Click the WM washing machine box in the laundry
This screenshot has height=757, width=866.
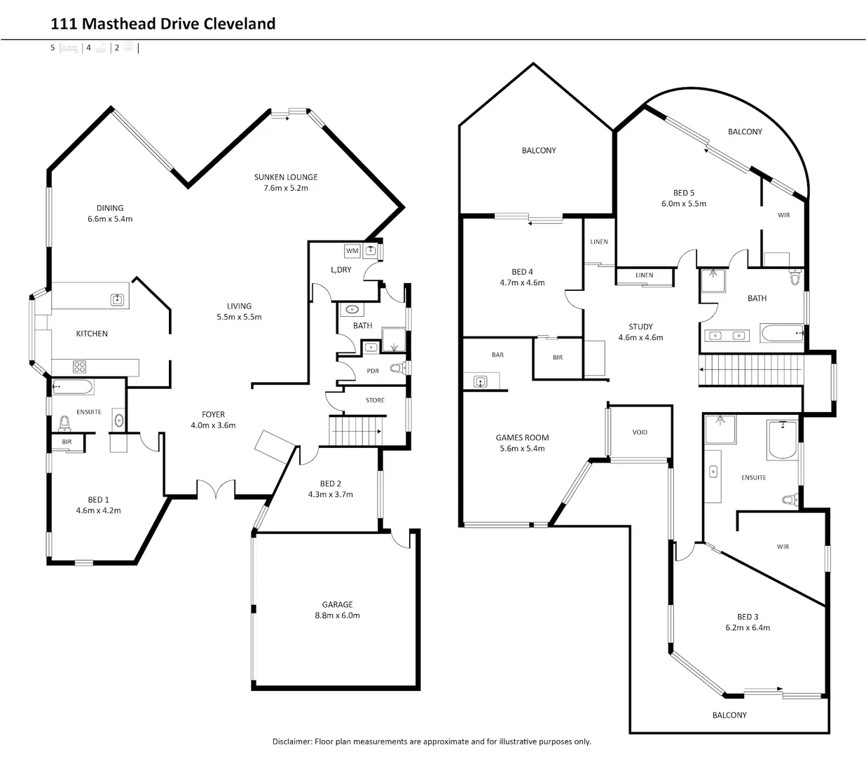[352, 251]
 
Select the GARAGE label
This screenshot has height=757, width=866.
[337, 604]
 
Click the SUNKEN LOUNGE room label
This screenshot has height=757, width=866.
[286, 177]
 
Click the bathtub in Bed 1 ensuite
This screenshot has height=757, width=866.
[72, 386]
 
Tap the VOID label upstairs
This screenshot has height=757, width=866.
[640, 432]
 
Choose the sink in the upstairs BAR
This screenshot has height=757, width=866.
[480, 381]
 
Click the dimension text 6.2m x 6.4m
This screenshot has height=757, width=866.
[748, 628]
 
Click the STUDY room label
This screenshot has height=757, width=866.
[640, 327]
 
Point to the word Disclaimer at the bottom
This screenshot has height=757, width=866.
[291, 742]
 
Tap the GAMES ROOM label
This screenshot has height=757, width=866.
[522, 437]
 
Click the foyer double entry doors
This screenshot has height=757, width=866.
[215, 490]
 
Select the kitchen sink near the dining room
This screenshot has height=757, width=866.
[117, 300]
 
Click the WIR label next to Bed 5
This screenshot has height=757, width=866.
[783, 215]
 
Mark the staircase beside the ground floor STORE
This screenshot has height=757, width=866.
[357, 429]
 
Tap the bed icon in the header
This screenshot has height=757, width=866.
[68, 48]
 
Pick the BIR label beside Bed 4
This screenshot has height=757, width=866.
[558, 357]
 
